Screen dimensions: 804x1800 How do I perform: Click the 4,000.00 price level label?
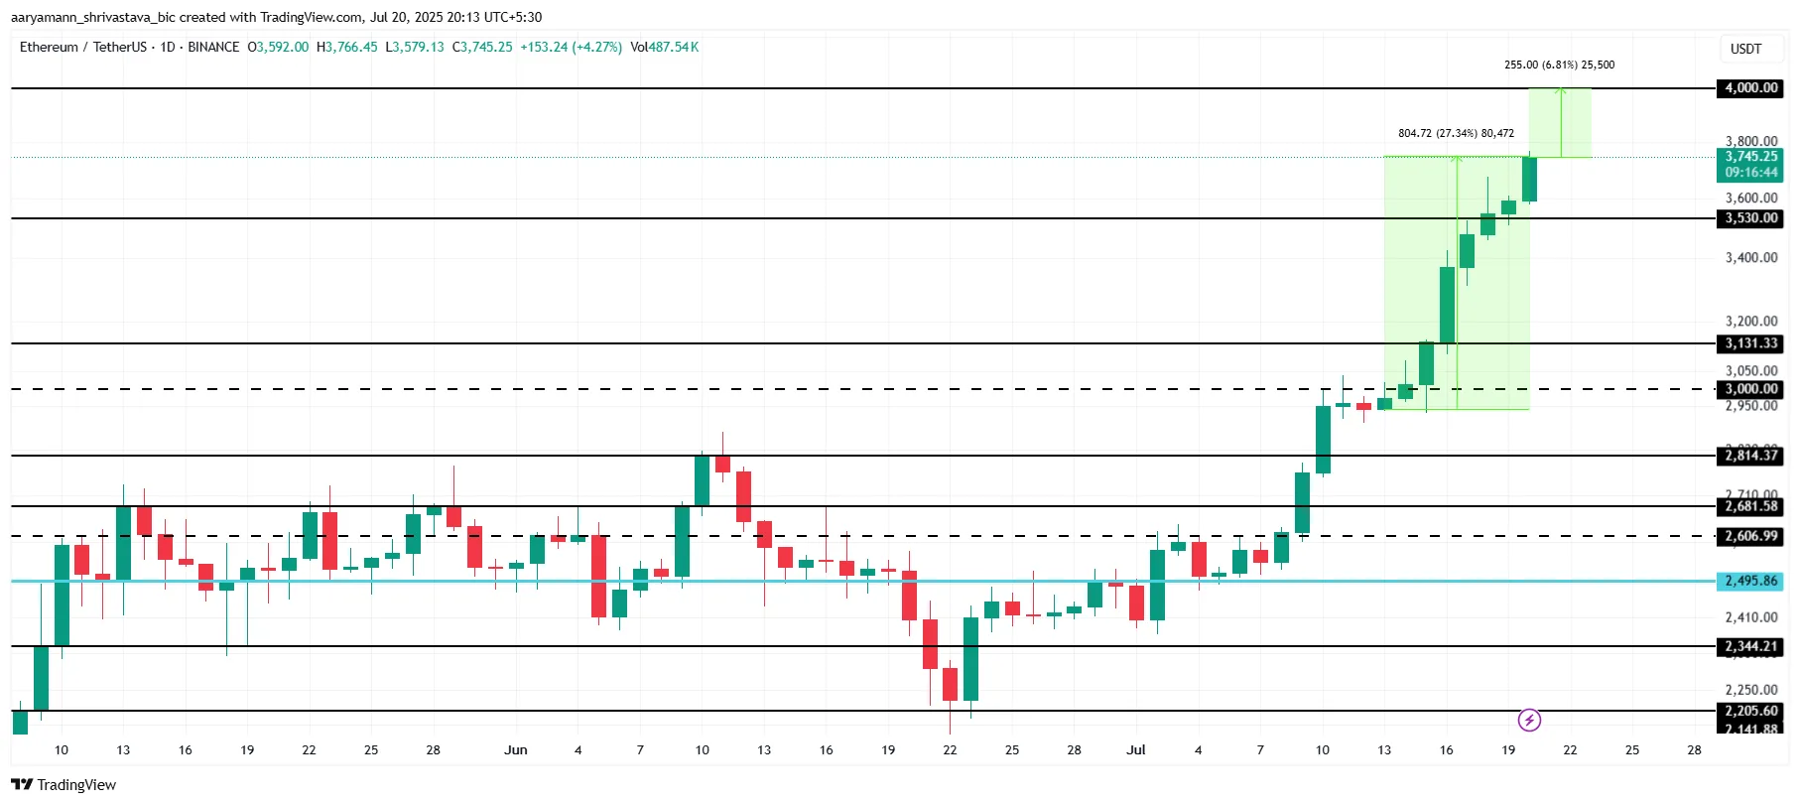1750,88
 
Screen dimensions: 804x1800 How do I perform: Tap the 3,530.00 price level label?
1750,218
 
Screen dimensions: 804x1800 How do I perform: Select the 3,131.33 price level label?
1750,343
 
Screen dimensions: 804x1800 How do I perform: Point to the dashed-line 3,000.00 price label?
1750,389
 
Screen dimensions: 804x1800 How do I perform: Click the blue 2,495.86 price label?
1750,581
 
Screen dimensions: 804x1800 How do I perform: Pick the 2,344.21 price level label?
1750,646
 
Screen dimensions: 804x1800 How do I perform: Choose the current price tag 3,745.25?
1750,157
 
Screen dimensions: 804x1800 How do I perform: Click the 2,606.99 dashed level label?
1750,536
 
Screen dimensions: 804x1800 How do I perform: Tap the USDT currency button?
1745,49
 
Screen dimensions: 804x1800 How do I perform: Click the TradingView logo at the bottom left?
64,784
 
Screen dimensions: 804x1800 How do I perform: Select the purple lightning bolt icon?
1529,720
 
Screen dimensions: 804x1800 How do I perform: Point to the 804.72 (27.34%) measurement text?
1456,133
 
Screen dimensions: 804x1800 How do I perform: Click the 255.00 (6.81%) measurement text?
1559,65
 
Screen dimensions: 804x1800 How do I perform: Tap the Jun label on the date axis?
515,749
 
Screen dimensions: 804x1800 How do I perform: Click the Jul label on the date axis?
1135,749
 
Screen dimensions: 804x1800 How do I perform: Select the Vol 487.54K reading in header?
665,47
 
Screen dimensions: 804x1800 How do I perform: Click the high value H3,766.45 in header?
346,47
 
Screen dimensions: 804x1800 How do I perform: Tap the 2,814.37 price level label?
1750,456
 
